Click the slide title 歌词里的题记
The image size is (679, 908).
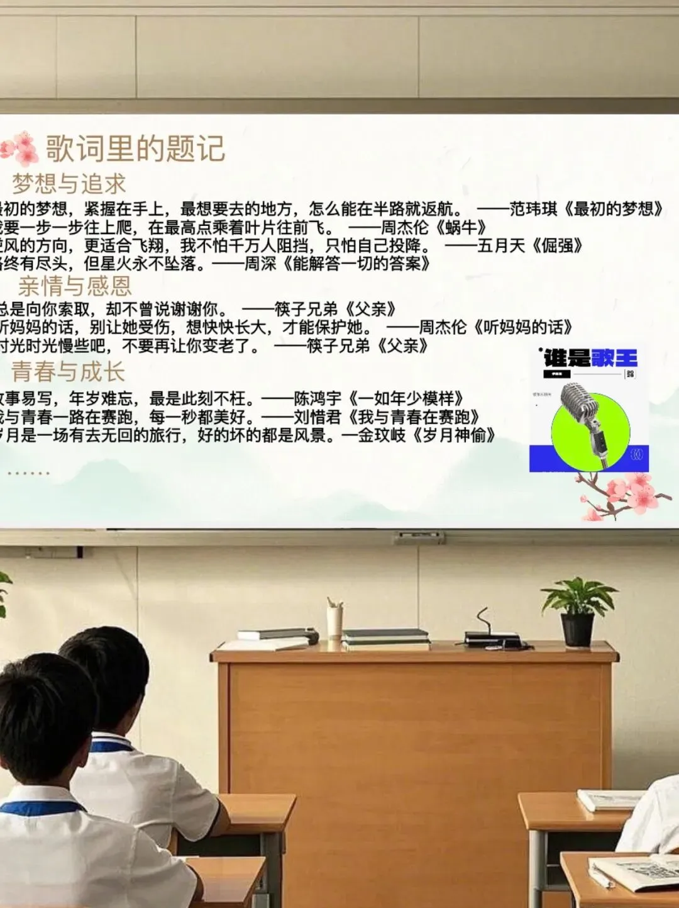click(x=135, y=149)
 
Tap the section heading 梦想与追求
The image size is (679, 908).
click(x=69, y=184)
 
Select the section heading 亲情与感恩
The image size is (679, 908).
click(x=75, y=286)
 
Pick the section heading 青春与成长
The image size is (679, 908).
click(x=68, y=372)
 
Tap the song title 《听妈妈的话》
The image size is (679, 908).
click(x=523, y=327)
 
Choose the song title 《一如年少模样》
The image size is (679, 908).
click(x=406, y=399)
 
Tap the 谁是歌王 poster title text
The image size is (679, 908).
click(x=590, y=359)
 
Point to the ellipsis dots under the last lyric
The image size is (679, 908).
click(x=28, y=473)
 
